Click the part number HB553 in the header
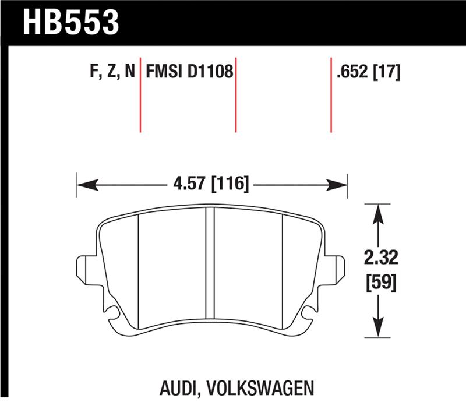(70, 22)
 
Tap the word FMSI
(165, 73)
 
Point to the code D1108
(210, 73)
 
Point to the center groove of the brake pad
(210, 268)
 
